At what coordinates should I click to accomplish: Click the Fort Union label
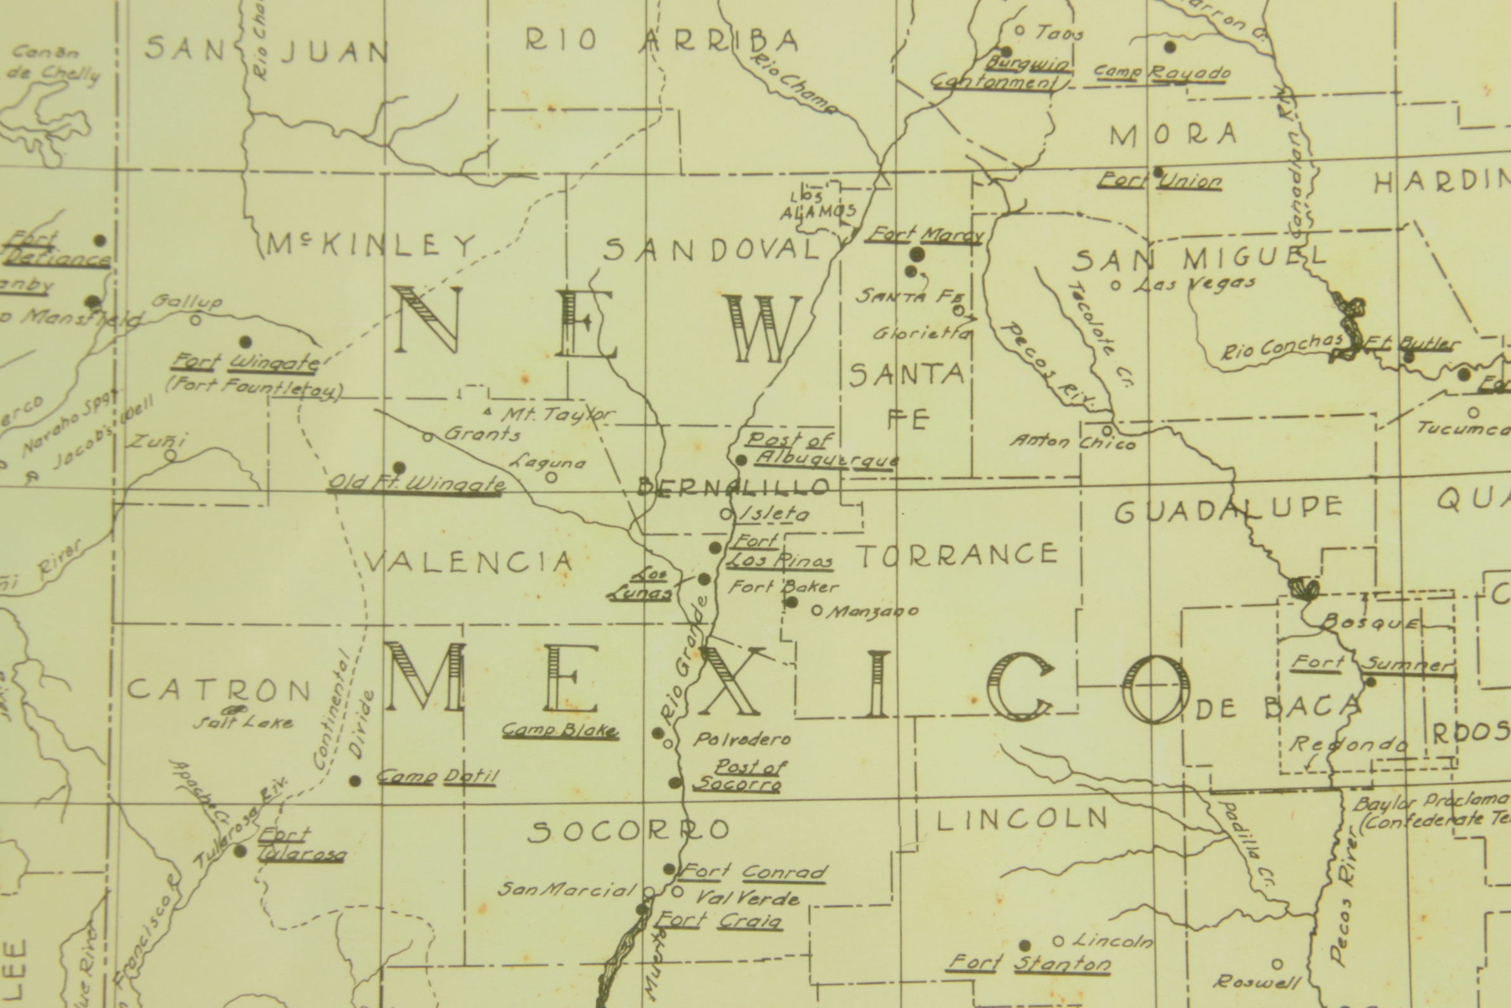tap(1160, 181)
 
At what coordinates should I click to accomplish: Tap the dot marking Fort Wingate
tap(245, 341)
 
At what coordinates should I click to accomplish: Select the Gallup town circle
tap(196, 319)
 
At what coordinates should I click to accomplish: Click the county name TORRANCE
tap(958, 555)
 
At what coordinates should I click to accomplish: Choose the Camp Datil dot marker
tap(354, 781)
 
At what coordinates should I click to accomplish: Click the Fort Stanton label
tap(1030, 962)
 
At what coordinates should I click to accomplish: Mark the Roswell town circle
tap(1277, 964)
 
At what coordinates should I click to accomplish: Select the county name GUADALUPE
tap(1228, 511)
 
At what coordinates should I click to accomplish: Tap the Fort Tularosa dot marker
tap(240, 851)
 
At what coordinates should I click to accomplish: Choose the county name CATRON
tap(219, 691)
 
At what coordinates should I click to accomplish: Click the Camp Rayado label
tap(1162, 74)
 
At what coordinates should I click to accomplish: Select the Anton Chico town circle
tap(1107, 430)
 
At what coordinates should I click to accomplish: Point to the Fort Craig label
tap(720, 921)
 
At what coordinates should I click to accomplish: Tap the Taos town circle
tap(1019, 30)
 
